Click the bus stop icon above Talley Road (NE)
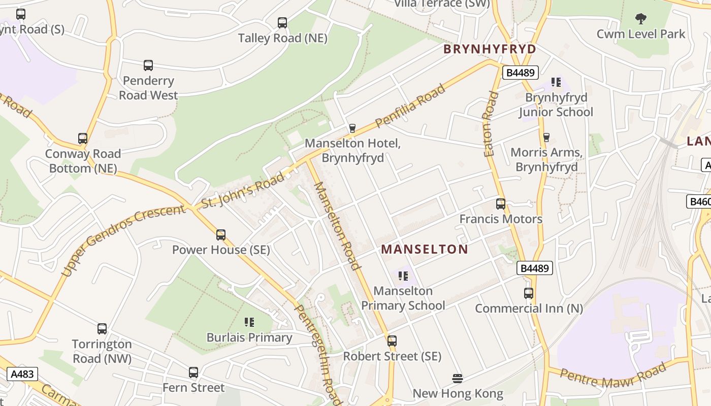point(282,23)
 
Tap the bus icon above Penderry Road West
point(148,65)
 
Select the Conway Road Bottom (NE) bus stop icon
point(83,139)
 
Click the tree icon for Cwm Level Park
point(641,19)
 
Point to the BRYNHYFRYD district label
point(490,49)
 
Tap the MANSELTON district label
point(425,249)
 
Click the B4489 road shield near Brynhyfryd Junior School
point(521,73)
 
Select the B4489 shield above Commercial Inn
point(535,267)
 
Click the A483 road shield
point(22,375)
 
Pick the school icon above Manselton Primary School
point(403,276)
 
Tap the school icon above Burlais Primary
point(249,322)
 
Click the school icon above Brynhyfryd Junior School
point(556,82)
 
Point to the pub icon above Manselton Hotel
point(352,128)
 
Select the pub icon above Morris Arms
point(546,137)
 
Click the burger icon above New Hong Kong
point(458,379)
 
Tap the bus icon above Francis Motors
point(501,204)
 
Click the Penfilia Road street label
point(410,106)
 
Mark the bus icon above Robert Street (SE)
point(392,341)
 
